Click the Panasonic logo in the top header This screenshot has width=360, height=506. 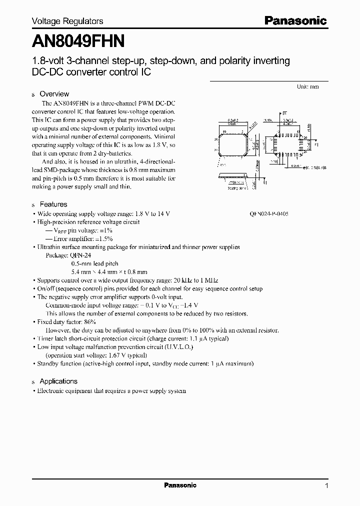click(295, 21)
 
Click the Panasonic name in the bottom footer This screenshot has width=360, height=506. click(180, 485)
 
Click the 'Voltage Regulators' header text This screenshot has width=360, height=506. click(67, 21)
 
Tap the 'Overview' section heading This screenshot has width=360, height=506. click(54, 94)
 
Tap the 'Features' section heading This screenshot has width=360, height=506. click(53, 204)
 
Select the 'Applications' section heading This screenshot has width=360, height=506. click(58, 381)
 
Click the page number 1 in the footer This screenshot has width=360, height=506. click(326, 485)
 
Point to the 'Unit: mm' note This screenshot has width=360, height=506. click(307, 86)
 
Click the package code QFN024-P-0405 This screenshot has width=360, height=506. click(269, 213)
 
